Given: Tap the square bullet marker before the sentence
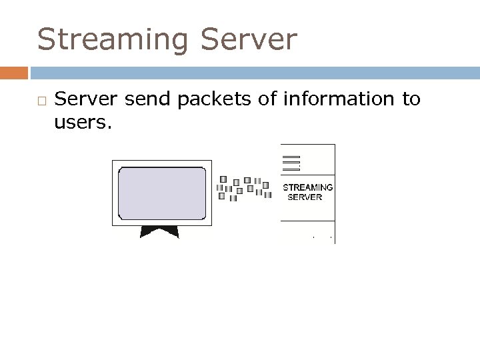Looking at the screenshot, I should click(41, 101).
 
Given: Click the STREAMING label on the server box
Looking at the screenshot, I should click(307, 187).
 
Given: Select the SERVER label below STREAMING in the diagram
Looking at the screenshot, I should click(304, 197).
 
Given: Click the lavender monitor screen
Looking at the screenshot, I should click(161, 193).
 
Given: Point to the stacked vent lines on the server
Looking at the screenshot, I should click(291, 163).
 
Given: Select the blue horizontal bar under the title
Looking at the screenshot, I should click(253, 71).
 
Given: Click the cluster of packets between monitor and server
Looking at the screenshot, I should click(243, 188).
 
